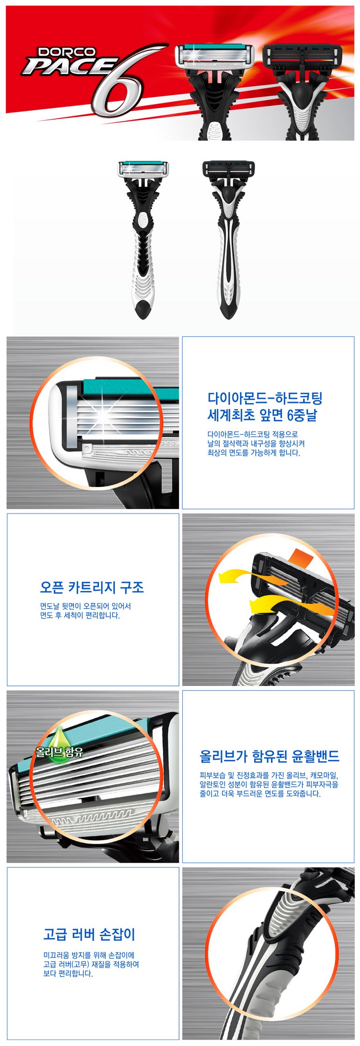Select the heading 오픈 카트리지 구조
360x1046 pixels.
click(x=92, y=587)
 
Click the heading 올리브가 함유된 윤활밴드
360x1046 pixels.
click(x=269, y=756)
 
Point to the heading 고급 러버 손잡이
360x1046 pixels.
click(x=89, y=934)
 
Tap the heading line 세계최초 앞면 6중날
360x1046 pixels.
click(x=262, y=415)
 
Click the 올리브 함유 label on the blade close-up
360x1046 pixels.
click(x=60, y=752)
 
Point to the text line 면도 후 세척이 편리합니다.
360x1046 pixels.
click(x=80, y=615)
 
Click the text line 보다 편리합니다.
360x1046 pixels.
click(x=68, y=974)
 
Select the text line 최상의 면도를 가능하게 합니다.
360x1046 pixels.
click(x=254, y=453)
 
